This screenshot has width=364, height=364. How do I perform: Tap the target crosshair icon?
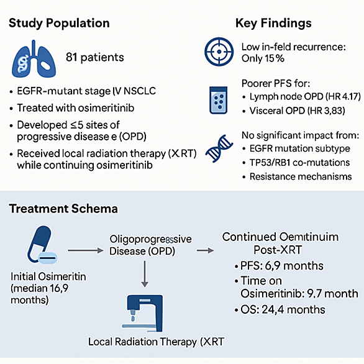(219, 52)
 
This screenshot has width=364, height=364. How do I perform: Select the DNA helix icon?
(219, 148)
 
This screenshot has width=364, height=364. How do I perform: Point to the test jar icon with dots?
(218, 100)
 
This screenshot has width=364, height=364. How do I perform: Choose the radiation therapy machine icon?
(142, 314)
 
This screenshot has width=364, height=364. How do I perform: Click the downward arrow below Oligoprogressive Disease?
(145, 274)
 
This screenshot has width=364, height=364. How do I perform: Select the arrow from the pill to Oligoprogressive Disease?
(86, 250)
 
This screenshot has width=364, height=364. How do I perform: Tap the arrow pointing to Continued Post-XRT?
(206, 250)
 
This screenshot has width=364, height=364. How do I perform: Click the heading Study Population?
(59, 24)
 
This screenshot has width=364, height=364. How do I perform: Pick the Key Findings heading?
(273, 23)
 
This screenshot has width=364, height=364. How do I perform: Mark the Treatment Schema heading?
(63, 209)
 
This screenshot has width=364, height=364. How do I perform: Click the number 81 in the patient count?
(71, 57)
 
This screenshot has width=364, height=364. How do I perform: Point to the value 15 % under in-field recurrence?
(275, 58)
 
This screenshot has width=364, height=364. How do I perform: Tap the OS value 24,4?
(271, 310)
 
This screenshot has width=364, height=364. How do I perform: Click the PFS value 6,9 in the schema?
(273, 266)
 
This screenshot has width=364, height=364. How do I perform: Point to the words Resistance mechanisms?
(301, 176)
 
